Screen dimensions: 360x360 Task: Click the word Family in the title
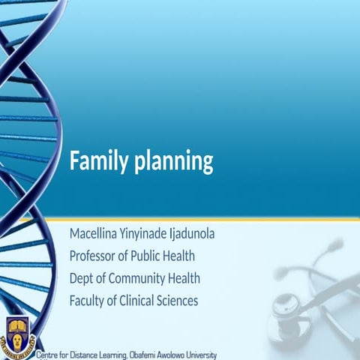[x=96, y=161]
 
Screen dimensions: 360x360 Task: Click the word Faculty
[x=88, y=301]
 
